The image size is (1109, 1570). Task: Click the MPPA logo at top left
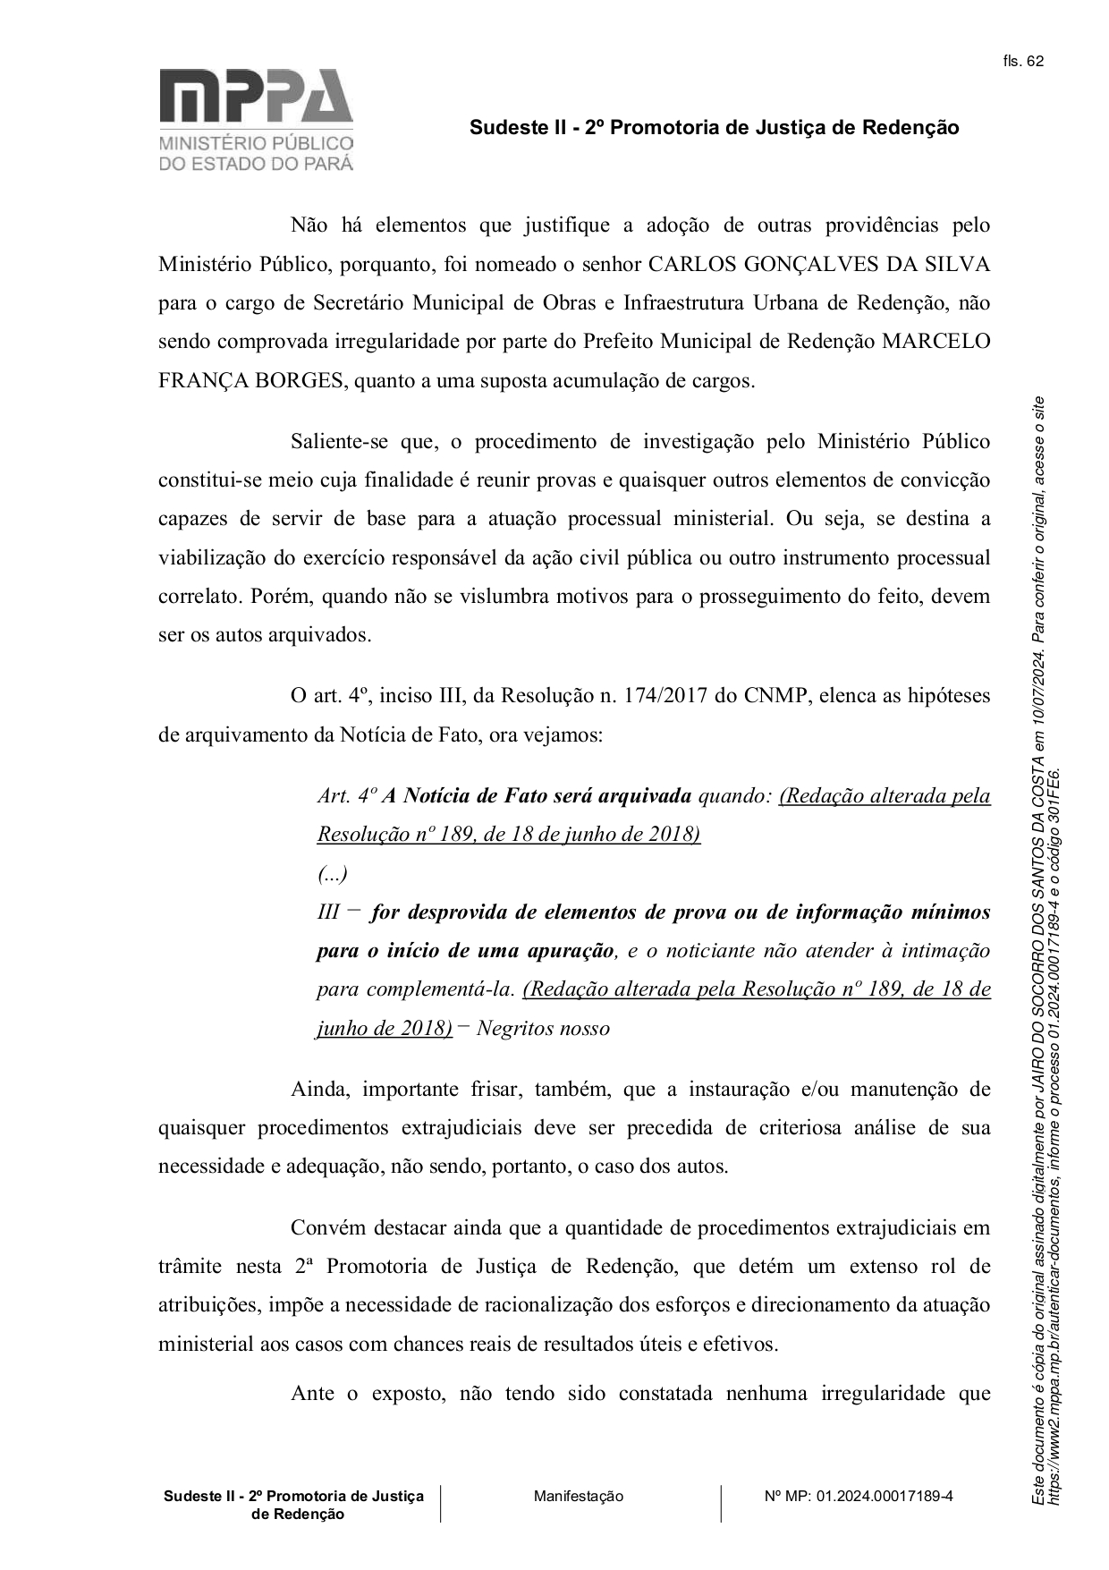point(256,119)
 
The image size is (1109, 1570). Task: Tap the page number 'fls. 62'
point(1023,62)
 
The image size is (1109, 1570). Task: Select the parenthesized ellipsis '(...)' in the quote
point(333,873)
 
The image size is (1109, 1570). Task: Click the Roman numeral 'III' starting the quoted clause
point(328,912)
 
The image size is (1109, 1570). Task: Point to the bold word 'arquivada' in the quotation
point(645,795)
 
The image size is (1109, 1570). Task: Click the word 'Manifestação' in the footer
point(579,1496)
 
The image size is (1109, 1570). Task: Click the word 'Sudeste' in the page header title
point(504,128)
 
